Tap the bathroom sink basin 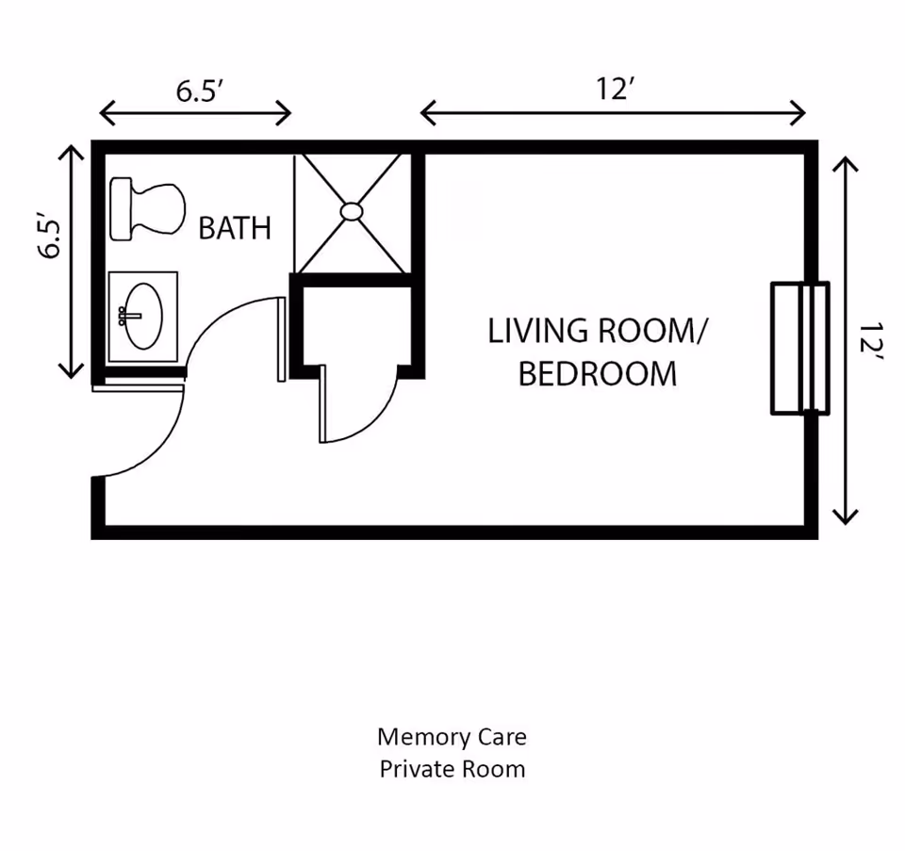(x=144, y=317)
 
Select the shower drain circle (x=352, y=211)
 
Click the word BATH (x=235, y=228)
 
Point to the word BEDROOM (x=598, y=374)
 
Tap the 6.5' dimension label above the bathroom (x=199, y=90)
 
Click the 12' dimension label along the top (x=613, y=90)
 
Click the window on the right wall (x=799, y=348)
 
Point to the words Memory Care (x=452, y=736)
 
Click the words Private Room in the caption (x=452, y=769)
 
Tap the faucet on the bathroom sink (x=123, y=315)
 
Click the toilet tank (x=122, y=208)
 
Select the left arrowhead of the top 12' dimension (x=427, y=114)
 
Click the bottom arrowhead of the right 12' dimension (x=846, y=516)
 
